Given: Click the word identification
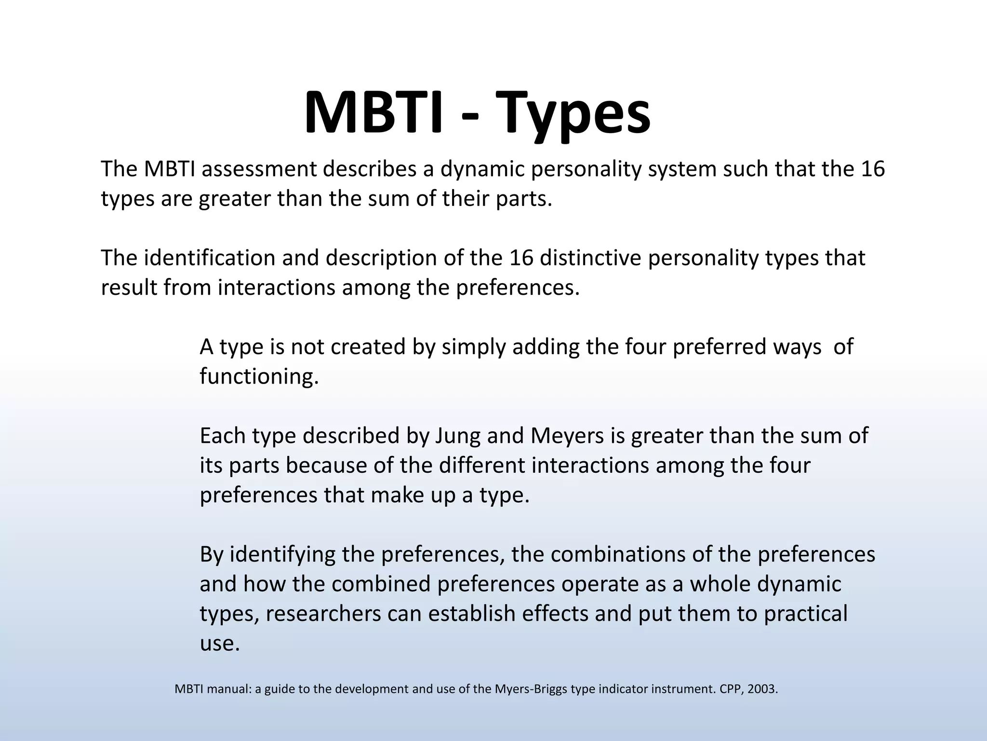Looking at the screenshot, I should [210, 258].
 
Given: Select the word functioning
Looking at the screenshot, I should [259, 376].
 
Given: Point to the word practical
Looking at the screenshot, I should [805, 614].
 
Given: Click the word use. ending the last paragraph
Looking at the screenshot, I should [219, 644].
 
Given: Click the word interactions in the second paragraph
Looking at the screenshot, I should [276, 288].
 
